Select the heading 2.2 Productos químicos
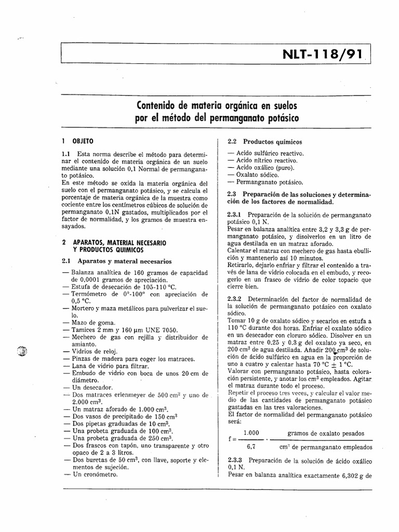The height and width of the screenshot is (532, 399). coord(265,141)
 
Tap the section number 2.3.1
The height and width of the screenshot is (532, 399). coord(236,214)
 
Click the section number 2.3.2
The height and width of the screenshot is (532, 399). coord(236,300)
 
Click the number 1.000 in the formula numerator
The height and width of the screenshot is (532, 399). coord(251,433)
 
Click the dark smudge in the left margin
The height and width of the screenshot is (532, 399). coord(22,351)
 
